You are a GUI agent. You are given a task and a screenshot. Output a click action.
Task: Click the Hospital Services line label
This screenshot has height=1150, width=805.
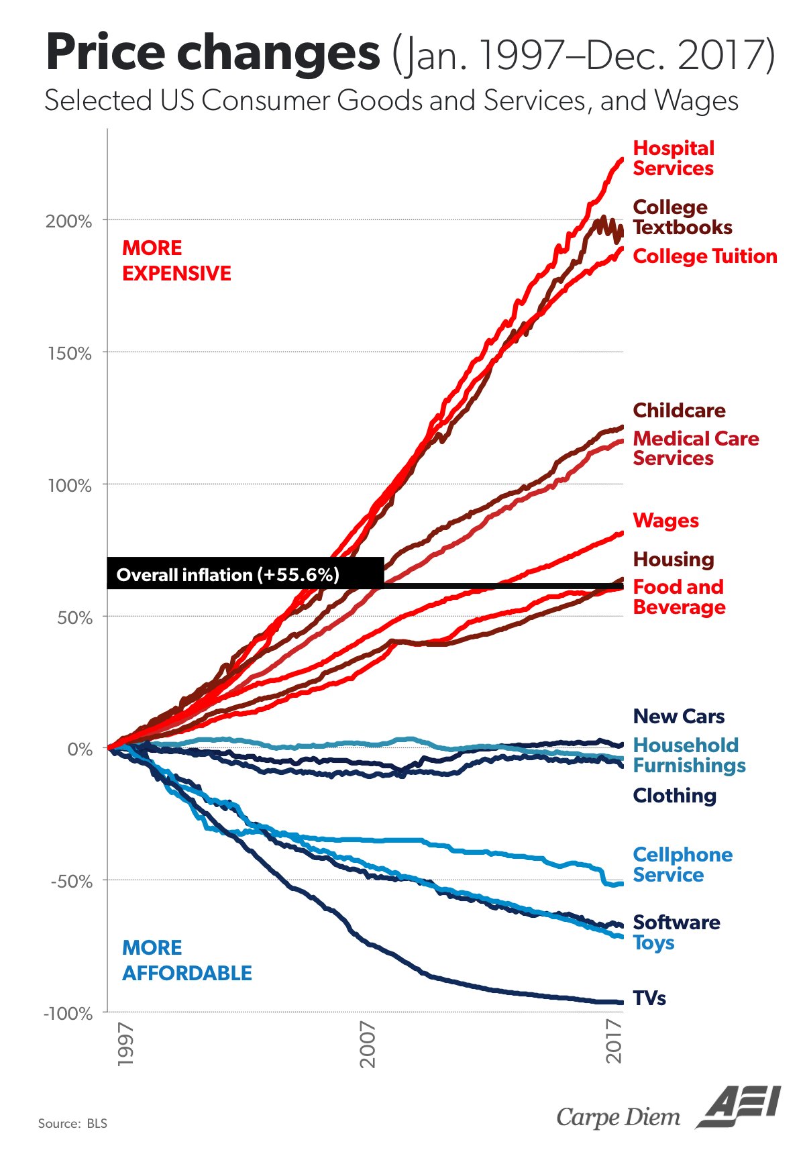click(x=674, y=158)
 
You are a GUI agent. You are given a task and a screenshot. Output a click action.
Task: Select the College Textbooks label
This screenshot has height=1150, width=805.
click(x=682, y=217)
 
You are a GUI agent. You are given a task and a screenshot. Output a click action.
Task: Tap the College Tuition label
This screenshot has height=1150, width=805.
click(x=704, y=256)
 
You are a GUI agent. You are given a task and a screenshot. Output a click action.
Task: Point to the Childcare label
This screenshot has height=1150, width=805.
click(x=679, y=411)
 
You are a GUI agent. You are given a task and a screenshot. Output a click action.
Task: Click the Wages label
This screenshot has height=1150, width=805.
click(x=665, y=521)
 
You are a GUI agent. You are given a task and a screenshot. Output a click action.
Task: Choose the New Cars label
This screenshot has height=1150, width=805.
click(x=678, y=717)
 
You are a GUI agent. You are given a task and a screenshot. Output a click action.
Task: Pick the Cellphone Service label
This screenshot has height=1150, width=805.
click(x=682, y=865)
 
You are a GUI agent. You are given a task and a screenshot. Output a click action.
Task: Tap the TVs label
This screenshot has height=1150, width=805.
click(x=649, y=998)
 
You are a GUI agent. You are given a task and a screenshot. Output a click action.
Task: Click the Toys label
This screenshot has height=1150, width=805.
click(x=653, y=943)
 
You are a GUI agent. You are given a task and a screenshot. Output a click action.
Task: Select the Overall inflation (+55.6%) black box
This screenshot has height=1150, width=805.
click(x=245, y=574)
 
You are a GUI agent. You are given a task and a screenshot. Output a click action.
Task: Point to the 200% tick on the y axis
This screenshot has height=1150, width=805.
click(x=68, y=221)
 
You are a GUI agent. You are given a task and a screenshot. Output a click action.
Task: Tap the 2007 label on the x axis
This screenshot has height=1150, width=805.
click(x=368, y=1044)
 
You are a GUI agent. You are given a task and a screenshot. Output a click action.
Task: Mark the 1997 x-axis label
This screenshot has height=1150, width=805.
click(x=125, y=1044)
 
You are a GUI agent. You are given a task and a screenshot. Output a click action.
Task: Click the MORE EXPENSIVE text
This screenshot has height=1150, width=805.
click(x=176, y=260)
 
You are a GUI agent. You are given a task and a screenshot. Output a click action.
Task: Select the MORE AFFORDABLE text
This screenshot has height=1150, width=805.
click(x=186, y=960)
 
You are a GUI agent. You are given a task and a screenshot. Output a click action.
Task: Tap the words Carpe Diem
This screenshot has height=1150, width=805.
click(x=618, y=1117)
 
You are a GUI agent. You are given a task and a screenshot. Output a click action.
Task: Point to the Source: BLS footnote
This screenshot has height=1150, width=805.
click(x=72, y=1123)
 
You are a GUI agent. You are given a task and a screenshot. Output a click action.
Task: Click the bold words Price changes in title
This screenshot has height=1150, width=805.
click(x=212, y=54)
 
